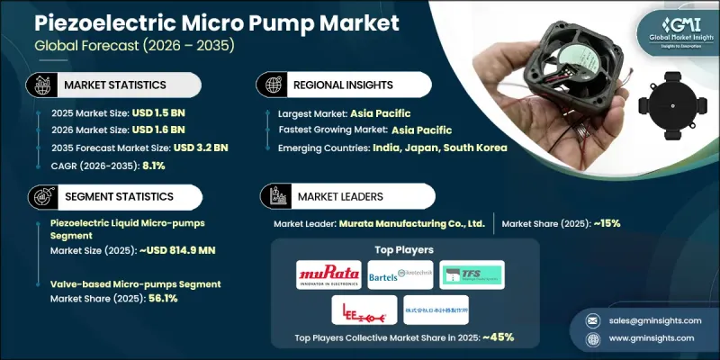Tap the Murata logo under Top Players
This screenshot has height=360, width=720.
328,274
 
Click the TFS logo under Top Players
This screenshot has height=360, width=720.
472,274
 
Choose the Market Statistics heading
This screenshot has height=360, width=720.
115,84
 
